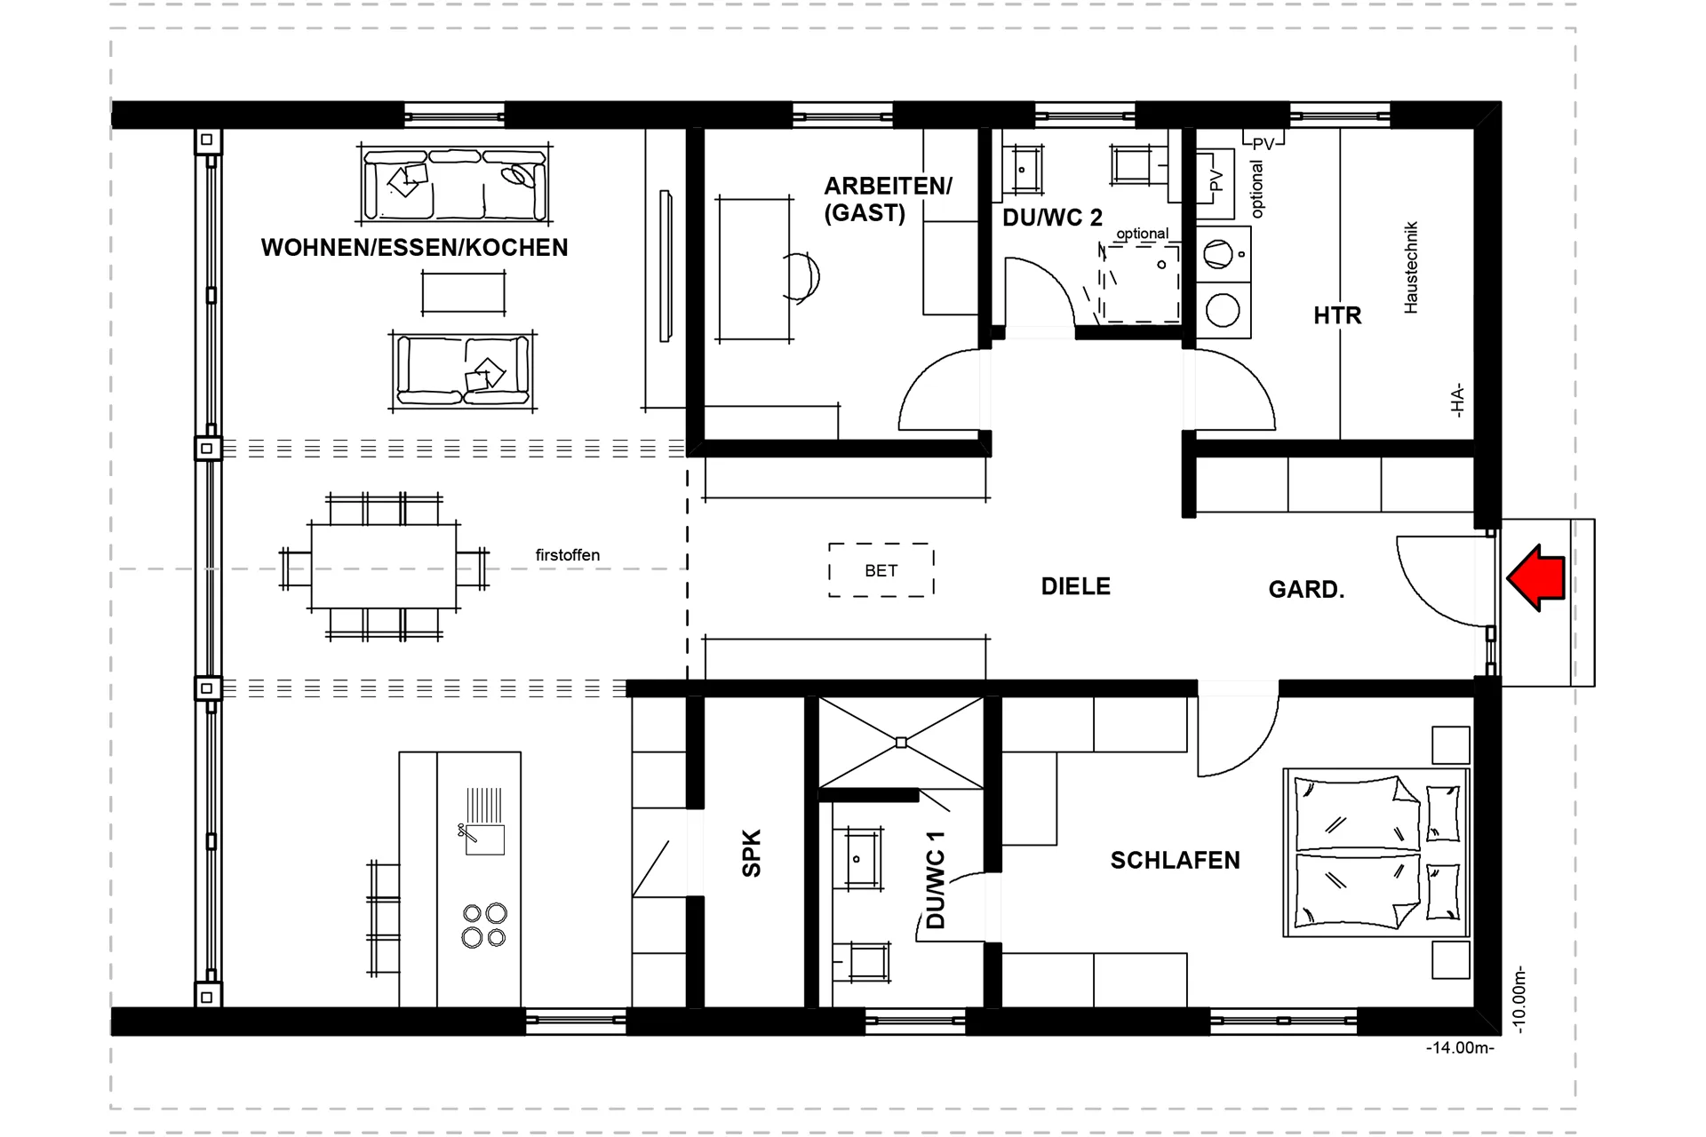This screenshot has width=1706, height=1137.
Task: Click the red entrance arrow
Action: (1538, 578)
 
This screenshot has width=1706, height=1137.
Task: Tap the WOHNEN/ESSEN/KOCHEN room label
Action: (414, 248)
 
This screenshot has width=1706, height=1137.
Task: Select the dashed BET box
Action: (881, 570)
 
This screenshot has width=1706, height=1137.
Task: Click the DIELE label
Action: (1075, 586)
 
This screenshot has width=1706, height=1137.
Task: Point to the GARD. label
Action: (1305, 590)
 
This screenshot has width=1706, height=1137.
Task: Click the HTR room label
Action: (1337, 315)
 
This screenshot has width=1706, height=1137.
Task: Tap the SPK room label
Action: (752, 853)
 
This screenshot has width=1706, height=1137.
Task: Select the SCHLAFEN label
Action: (1175, 860)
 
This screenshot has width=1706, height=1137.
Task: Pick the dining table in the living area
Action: (384, 566)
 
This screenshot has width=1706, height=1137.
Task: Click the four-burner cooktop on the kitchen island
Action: (484, 925)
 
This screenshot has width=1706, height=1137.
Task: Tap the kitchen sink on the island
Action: (484, 839)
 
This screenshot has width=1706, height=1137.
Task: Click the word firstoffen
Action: (567, 555)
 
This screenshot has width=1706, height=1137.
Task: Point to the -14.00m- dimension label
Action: (1460, 1048)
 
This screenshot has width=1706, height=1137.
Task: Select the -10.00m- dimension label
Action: (1519, 999)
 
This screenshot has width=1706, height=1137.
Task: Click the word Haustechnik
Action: (1411, 267)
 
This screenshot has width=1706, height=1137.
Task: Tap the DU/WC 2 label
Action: (1052, 218)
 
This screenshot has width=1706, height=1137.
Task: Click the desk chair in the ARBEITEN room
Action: (803, 277)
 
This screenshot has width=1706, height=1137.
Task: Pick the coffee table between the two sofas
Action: (463, 292)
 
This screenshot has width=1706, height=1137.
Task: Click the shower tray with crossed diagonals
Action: (901, 743)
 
